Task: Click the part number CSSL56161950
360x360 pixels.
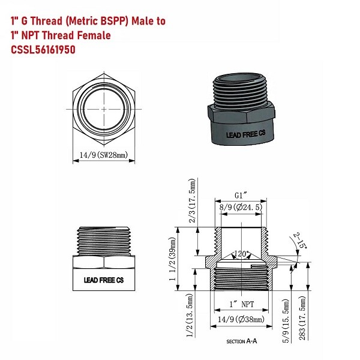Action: point(43,50)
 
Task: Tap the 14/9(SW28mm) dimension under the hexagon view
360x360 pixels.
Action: point(104,155)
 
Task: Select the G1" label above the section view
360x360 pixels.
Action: point(241,196)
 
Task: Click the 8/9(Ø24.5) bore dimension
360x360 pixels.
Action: point(241,208)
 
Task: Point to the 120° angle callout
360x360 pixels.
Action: point(242,253)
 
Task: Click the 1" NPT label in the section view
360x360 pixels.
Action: point(241,305)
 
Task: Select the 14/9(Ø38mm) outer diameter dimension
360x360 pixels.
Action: point(241,320)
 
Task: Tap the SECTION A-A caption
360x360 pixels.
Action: point(241,341)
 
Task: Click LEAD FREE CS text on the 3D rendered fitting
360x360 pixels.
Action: point(241,136)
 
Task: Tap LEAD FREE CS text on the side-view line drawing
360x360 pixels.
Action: point(103,280)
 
